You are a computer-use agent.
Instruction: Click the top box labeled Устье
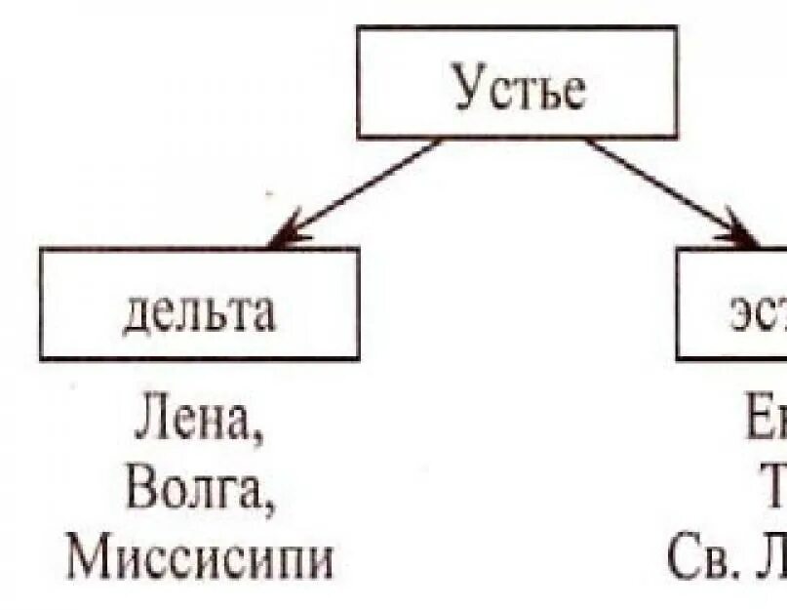click(516, 82)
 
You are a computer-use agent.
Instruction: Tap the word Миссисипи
click(201, 560)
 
